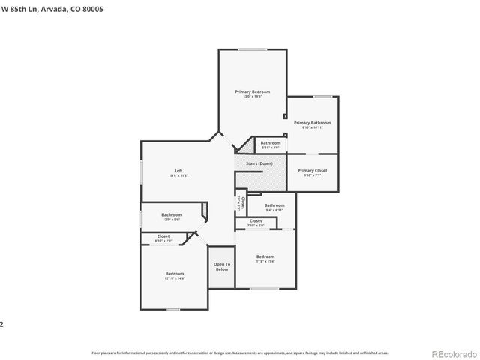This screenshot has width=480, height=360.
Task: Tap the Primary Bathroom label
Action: tap(312, 123)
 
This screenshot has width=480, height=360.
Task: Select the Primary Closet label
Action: tap(312, 171)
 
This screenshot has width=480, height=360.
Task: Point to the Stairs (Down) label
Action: tap(259, 163)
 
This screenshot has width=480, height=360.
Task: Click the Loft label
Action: tap(178, 171)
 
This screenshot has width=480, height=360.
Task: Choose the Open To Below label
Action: tap(221, 266)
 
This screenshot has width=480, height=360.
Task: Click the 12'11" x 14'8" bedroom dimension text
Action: tap(175, 278)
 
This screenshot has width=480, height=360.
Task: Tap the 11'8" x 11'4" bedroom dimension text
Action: tap(265, 261)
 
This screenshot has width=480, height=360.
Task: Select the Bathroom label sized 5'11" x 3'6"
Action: tap(271, 142)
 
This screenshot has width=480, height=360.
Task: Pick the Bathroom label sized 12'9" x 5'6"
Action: tap(172, 215)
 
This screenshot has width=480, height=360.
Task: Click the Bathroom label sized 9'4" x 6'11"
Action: tap(274, 205)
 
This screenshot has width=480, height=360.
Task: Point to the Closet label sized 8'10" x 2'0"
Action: tap(163, 236)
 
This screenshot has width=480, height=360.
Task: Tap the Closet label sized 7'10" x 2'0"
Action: tap(256, 220)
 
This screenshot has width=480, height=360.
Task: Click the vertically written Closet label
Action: tap(243, 202)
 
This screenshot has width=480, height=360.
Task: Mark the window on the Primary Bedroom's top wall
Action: tap(251, 49)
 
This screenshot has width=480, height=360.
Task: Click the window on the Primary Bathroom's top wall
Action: tap(323, 96)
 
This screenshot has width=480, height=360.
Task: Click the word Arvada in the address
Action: tap(53, 9)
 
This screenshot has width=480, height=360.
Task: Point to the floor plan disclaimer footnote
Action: tap(239, 352)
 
